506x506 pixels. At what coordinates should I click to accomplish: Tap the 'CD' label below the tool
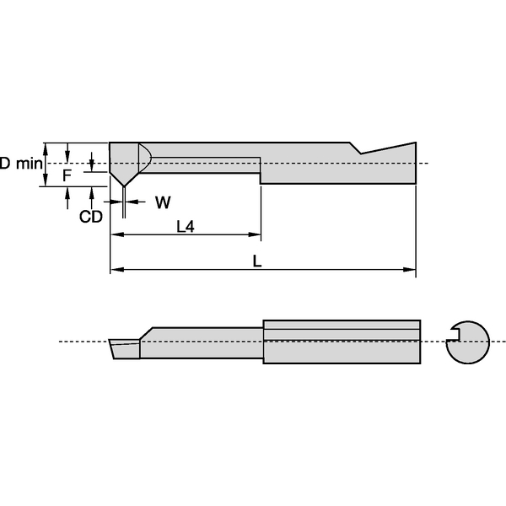90,217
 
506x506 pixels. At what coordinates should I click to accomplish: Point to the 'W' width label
163,202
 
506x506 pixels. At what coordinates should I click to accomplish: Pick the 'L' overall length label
258,261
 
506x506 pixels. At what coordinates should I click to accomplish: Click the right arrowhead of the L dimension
411,270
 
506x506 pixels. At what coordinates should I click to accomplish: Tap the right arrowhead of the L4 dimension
255,234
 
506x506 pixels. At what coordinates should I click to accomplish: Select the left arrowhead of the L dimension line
116,270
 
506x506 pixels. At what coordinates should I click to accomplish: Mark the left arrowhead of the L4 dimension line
116,234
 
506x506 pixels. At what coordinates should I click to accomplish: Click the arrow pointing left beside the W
135,202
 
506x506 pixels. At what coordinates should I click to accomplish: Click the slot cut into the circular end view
455,341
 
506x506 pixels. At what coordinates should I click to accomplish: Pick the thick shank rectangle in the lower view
342,342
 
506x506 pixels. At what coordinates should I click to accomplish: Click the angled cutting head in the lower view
123,347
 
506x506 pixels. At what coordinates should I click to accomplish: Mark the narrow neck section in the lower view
202,342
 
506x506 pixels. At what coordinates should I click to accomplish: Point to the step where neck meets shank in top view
260,170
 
